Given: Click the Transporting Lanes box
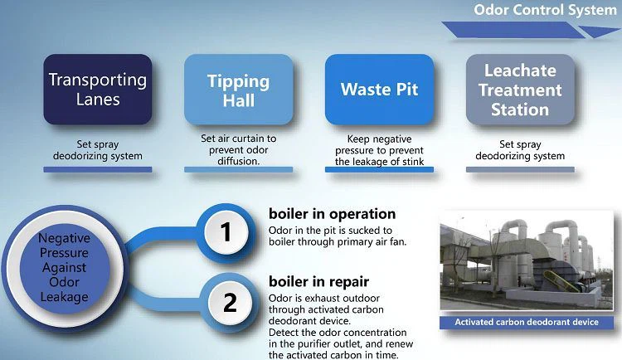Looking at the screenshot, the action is click(x=98, y=90).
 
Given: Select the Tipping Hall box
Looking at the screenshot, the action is click(x=238, y=90).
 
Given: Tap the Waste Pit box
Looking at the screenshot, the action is click(x=379, y=90).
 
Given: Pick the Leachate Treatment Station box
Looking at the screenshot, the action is click(x=520, y=90).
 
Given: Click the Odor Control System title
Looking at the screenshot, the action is click(x=545, y=10).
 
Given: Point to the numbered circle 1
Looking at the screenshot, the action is click(x=226, y=231).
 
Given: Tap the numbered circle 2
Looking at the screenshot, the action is click(x=230, y=303).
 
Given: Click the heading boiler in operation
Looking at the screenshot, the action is click(x=332, y=214).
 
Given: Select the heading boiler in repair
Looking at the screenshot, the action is click(x=319, y=282).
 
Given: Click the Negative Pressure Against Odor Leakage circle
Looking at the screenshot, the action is click(x=64, y=268).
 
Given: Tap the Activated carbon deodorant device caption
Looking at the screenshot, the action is click(x=527, y=322).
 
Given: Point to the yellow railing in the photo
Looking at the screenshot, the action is click(x=561, y=281).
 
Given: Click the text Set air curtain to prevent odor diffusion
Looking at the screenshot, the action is click(x=238, y=149).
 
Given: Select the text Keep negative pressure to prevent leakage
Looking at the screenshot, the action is click(x=379, y=150).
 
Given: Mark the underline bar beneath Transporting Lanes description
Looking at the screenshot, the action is click(x=98, y=169).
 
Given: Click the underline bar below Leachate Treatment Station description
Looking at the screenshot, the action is click(x=520, y=169).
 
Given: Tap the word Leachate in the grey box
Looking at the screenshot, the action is click(x=520, y=71).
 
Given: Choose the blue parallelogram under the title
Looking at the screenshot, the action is click(x=513, y=30).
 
